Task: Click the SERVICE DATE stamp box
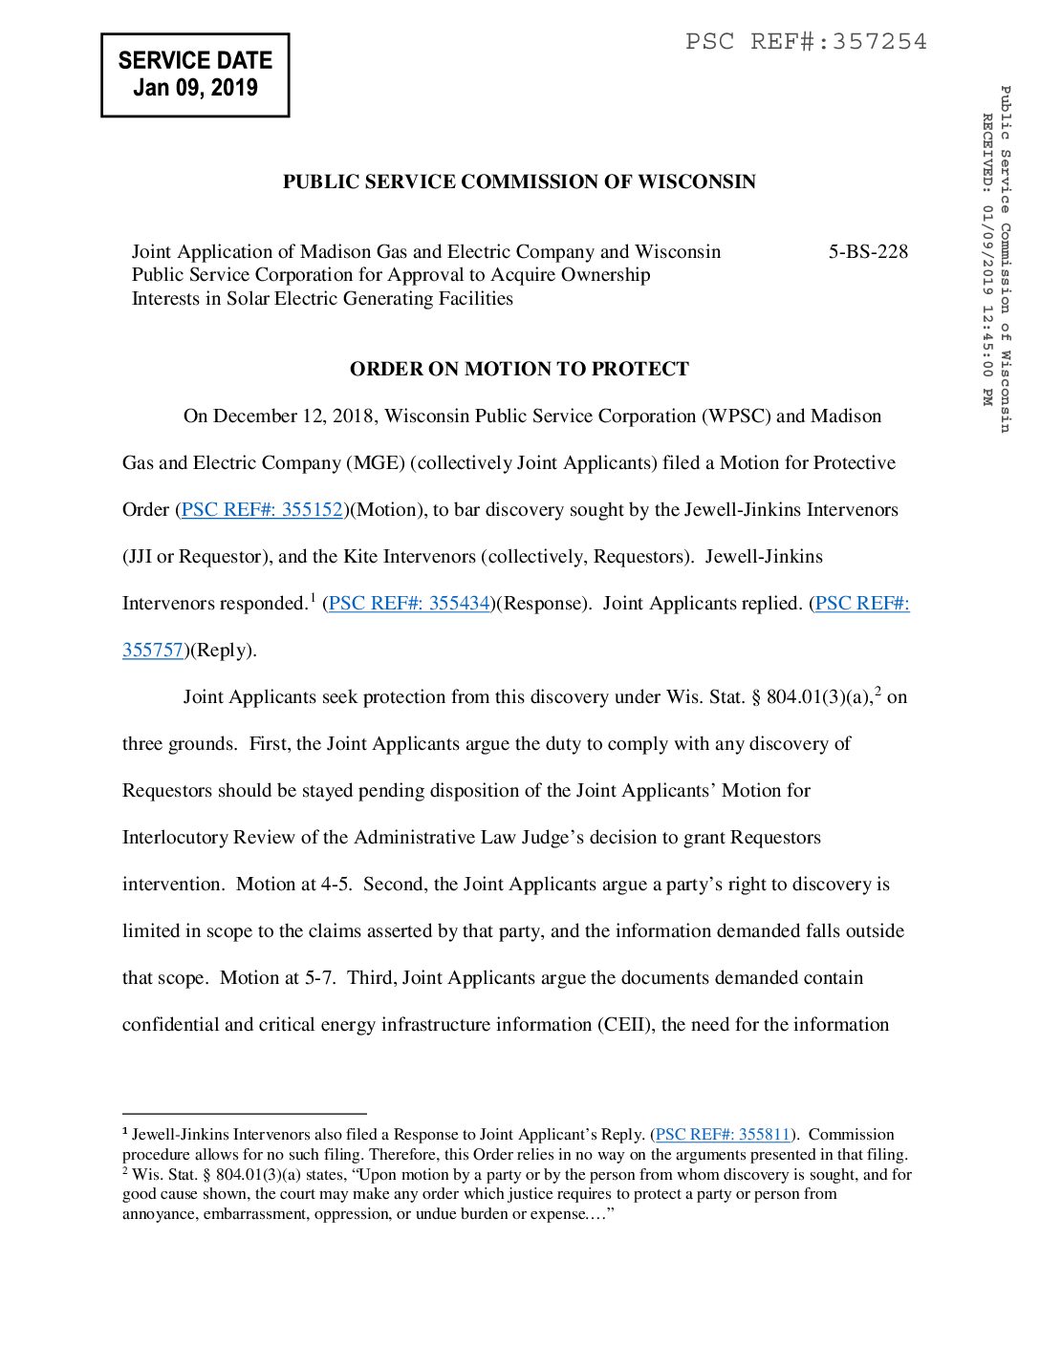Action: coord(195,75)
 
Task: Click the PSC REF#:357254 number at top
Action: coord(806,41)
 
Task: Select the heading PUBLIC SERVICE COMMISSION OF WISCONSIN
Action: coord(519,181)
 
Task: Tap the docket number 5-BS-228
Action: coord(868,251)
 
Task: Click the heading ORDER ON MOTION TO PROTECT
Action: coord(519,369)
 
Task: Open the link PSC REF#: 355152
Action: coord(262,509)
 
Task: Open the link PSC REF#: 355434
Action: coord(409,603)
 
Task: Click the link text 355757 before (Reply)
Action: coord(153,650)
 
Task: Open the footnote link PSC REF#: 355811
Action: coord(723,1134)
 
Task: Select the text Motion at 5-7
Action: coord(277,977)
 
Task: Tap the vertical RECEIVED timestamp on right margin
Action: coord(987,258)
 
